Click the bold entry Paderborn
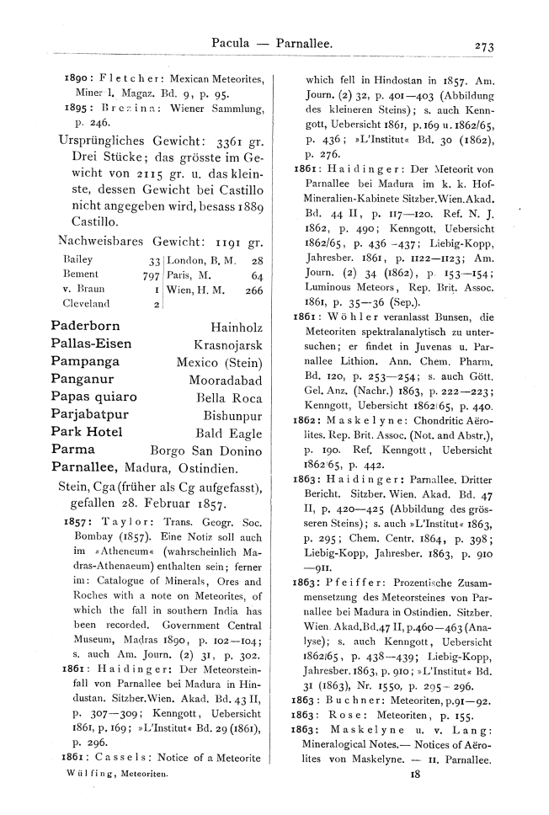pyautogui.click(x=85, y=326)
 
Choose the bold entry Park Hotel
pyautogui.click(x=88, y=432)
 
